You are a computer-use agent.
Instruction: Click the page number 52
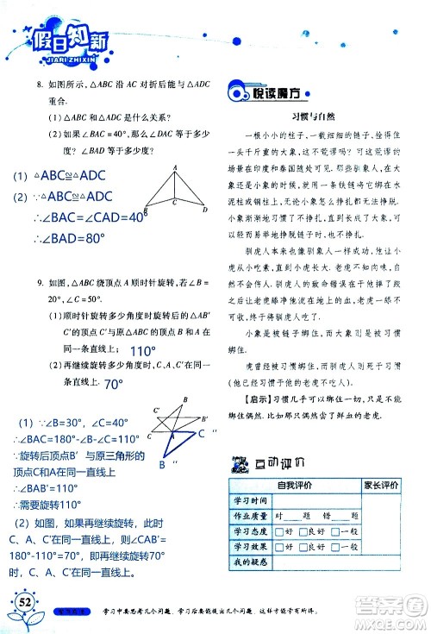[x=20, y=600]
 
